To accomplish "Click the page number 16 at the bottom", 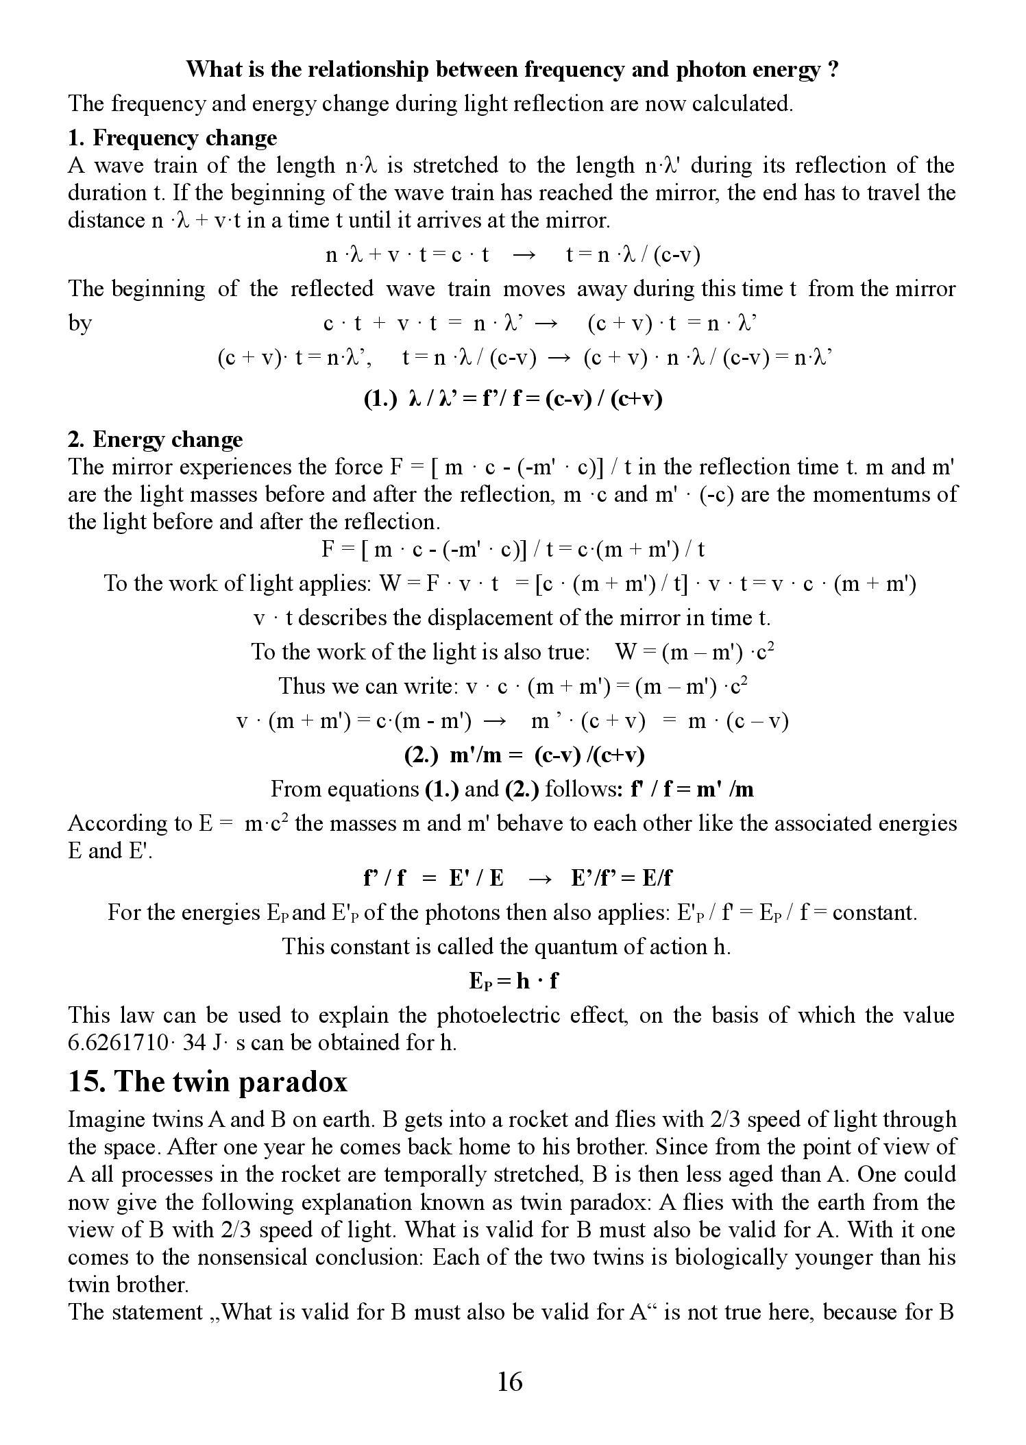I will pyautogui.click(x=510, y=1381).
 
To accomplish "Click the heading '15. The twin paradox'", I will pyautogui.click(x=208, y=1082).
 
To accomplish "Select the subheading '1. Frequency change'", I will pyautogui.click(x=172, y=138).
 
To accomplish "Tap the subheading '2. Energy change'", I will pyautogui.click(x=155, y=439).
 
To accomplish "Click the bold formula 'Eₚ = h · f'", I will pyautogui.click(x=513, y=981).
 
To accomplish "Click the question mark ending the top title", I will pyautogui.click(x=832, y=70).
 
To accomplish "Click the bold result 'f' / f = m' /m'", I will pyautogui.click(x=692, y=789).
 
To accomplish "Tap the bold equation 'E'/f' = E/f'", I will pyautogui.click(x=622, y=878).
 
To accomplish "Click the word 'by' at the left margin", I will pyautogui.click(x=80, y=323).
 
